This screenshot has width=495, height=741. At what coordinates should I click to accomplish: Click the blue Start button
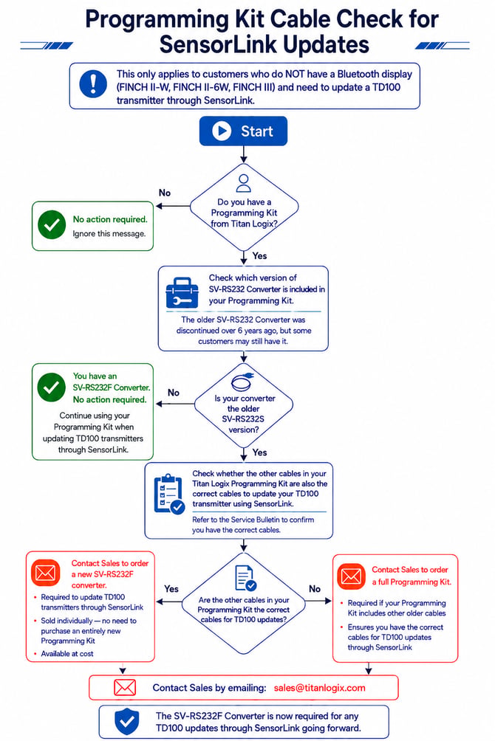tap(243, 131)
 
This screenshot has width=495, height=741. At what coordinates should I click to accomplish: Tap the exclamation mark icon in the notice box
tap(93, 84)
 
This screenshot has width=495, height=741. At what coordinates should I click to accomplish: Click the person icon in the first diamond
tap(243, 183)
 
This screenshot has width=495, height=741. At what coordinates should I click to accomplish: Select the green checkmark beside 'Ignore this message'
tap(52, 224)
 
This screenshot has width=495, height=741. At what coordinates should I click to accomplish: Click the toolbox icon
tap(182, 293)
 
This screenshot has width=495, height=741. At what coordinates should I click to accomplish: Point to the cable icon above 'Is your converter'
tap(243, 381)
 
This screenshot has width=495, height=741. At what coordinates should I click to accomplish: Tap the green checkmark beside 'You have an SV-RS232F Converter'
tap(52, 387)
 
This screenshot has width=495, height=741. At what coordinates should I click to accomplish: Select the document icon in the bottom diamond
tap(245, 578)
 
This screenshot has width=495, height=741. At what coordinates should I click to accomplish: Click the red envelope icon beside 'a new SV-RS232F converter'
tap(45, 573)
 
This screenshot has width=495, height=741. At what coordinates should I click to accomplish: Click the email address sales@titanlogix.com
tap(319, 688)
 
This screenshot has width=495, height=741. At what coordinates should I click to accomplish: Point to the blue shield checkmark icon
tap(127, 722)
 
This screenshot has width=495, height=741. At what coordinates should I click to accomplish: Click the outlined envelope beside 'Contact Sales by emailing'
tap(125, 688)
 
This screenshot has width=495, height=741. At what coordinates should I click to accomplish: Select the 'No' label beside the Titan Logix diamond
tap(165, 193)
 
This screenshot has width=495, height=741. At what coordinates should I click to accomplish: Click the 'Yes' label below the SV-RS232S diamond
tap(259, 452)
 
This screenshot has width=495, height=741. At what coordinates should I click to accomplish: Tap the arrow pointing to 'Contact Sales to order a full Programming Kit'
tap(318, 601)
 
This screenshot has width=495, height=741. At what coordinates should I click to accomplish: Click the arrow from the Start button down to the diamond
tap(243, 154)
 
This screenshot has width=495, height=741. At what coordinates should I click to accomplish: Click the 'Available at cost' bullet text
tap(67, 654)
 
